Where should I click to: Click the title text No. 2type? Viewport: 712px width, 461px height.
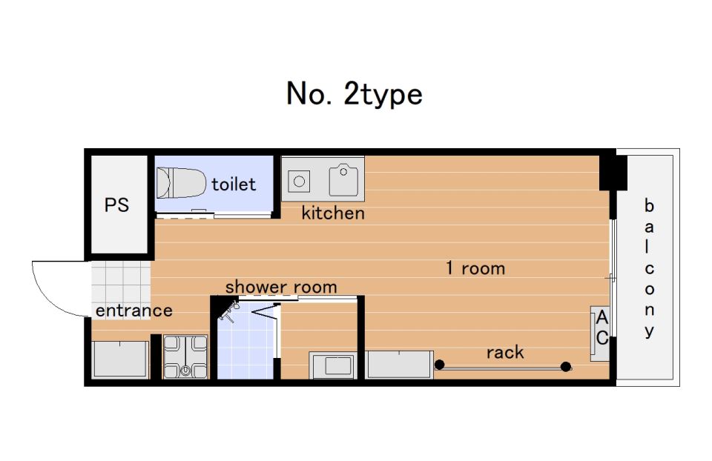point(355,94)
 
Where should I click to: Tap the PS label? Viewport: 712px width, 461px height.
point(116,205)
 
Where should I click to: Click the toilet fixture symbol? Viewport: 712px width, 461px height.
point(181,183)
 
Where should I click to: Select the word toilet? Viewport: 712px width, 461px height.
point(234,185)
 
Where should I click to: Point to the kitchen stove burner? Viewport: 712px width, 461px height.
point(299,182)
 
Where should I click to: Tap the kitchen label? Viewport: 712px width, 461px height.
point(333,213)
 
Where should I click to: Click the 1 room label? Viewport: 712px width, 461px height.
point(475,268)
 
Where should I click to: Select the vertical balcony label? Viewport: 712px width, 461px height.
point(650,268)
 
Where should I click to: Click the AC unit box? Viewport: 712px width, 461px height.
point(599,334)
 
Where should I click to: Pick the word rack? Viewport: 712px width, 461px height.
point(505,352)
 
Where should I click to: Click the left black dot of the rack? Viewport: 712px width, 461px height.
point(439,365)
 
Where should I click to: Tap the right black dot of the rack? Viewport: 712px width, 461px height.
point(566,366)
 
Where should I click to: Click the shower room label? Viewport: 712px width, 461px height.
point(281,287)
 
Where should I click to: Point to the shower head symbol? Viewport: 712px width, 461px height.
point(229,311)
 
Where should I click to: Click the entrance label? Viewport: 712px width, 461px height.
point(134,311)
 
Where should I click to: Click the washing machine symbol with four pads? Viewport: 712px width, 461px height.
point(185,356)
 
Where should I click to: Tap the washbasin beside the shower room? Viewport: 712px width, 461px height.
point(332,365)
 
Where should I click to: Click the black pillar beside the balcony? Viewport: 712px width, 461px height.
point(613,173)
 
